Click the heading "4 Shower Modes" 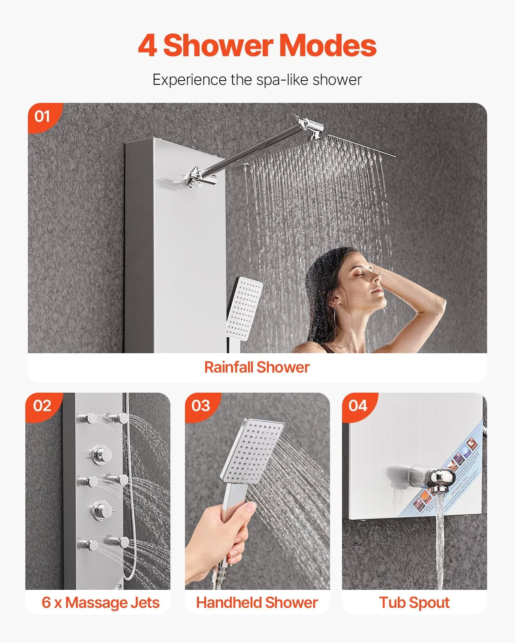257,45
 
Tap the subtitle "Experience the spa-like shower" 257,80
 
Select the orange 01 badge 42,116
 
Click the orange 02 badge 42,406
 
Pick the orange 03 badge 201,406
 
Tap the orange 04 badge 358,406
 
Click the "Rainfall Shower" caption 257,367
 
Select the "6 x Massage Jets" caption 100,602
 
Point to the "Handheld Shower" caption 257,602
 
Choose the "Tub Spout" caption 414,602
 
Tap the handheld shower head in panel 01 244,308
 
